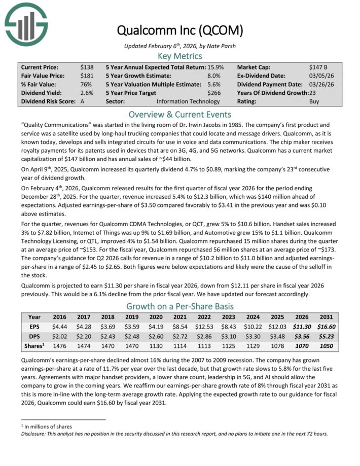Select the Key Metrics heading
(179, 56)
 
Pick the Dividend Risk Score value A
(83, 101)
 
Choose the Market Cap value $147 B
(318, 67)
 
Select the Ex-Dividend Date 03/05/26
(320, 76)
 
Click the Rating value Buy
(314, 101)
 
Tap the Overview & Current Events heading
(179, 114)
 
